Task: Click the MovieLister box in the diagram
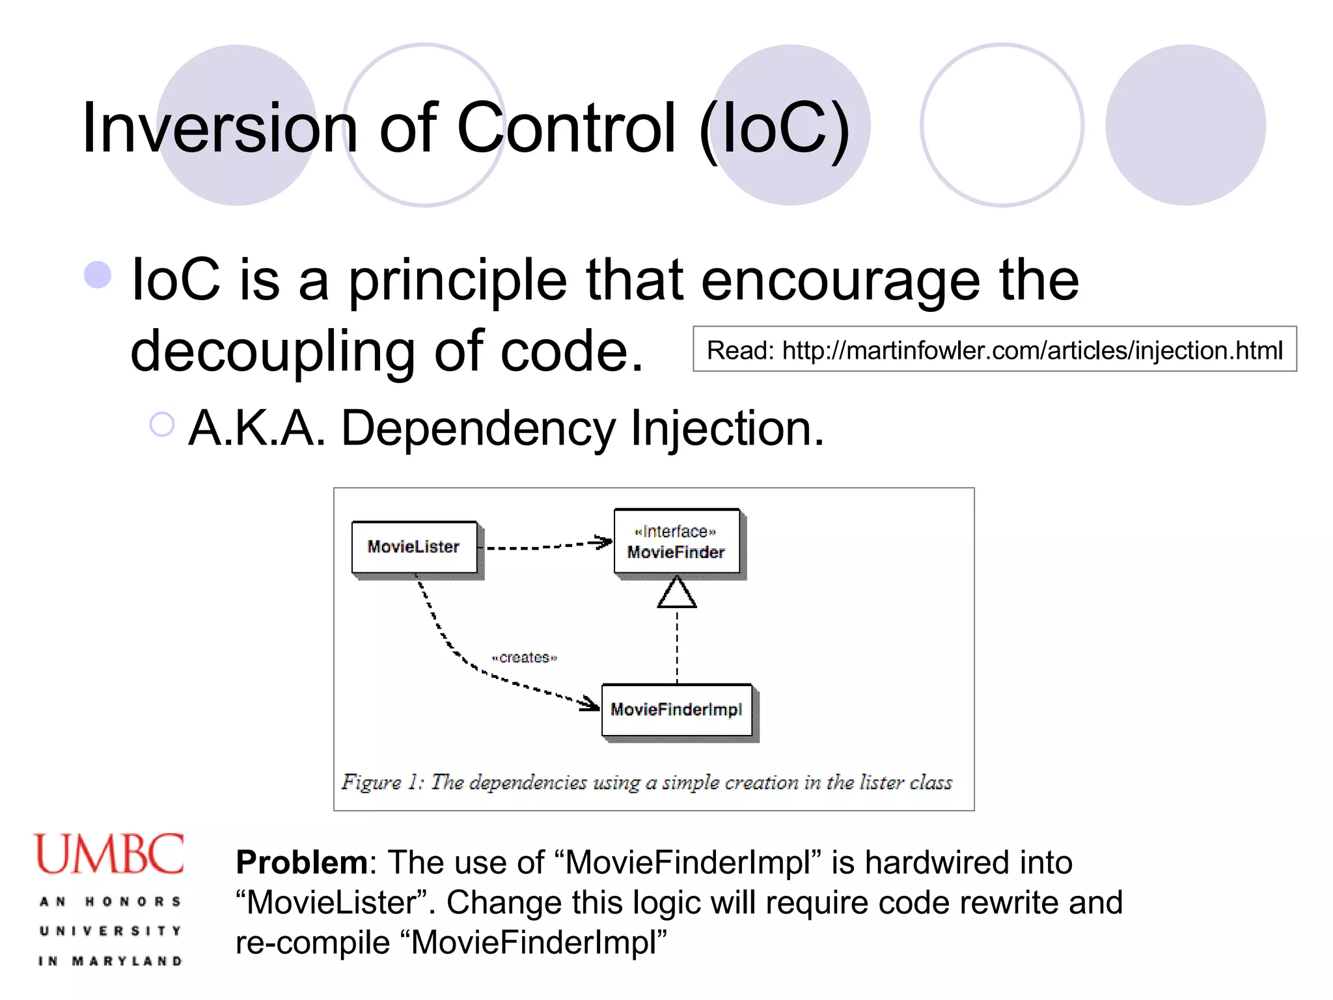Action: click(414, 547)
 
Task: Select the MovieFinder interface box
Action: click(677, 542)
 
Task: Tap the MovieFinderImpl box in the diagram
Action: click(677, 710)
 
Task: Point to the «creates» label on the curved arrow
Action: click(525, 658)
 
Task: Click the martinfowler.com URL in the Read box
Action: click(1032, 350)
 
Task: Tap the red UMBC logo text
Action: click(109, 854)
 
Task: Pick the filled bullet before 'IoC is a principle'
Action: click(98, 275)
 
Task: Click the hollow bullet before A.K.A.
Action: click(162, 424)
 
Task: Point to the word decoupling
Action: click(273, 352)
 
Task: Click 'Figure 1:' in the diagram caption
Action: click(383, 782)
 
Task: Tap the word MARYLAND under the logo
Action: click(127, 961)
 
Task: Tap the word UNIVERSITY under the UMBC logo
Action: click(111, 931)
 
